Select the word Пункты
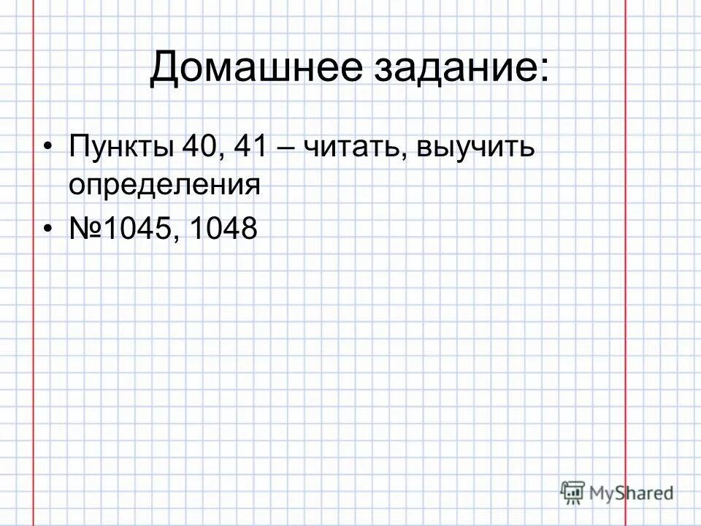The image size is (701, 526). tap(121, 150)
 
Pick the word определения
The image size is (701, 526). tap(165, 185)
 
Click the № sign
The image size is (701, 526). tap(85, 229)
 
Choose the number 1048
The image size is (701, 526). tap(223, 229)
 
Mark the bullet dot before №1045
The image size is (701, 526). tap(48, 230)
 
